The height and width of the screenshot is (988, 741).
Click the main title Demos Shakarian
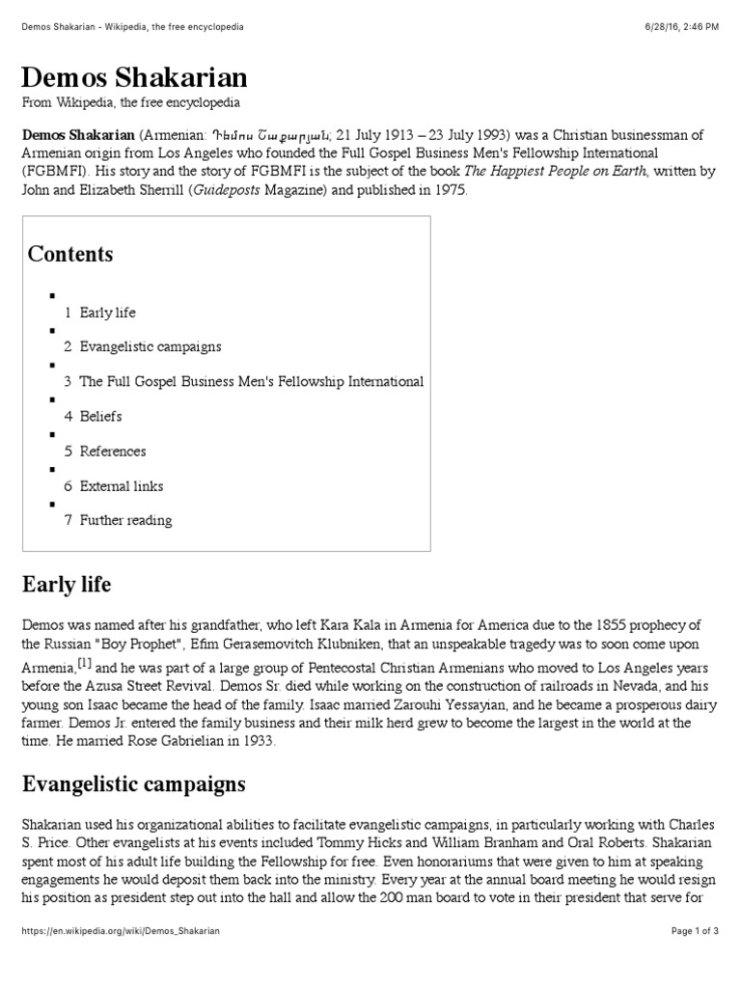tap(135, 77)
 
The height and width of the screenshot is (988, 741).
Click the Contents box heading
tap(70, 255)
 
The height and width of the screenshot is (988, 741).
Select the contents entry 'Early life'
tap(107, 313)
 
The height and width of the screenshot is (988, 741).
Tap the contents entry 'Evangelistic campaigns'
tap(150, 346)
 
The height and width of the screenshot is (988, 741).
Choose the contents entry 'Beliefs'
tap(100, 417)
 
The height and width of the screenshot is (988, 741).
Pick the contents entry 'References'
tap(113, 452)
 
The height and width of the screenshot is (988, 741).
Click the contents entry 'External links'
tap(122, 486)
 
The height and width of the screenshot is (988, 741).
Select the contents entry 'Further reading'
tap(125, 520)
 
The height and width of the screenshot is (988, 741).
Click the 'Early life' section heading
tap(67, 585)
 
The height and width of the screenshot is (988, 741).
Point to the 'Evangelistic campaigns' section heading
tap(133, 784)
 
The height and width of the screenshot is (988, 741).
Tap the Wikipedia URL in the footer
tap(121, 931)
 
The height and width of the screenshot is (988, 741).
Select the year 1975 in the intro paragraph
tap(450, 190)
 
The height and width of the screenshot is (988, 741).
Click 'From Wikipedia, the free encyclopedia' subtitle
tap(131, 102)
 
